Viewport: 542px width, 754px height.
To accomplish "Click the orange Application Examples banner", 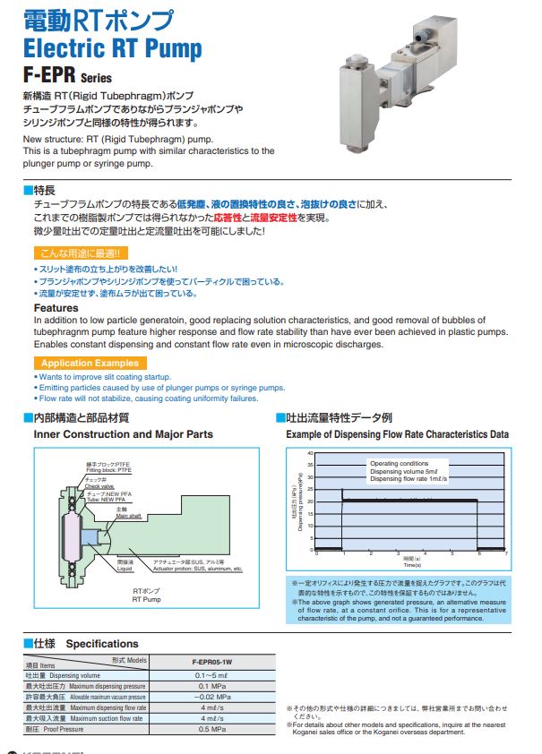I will (90, 363).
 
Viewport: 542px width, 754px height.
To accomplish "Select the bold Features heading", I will (56, 308).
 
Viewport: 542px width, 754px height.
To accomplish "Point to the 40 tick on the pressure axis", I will (311, 453).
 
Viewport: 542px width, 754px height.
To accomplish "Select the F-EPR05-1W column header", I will (219, 660).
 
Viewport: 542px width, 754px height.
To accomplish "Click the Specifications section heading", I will (102, 643).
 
